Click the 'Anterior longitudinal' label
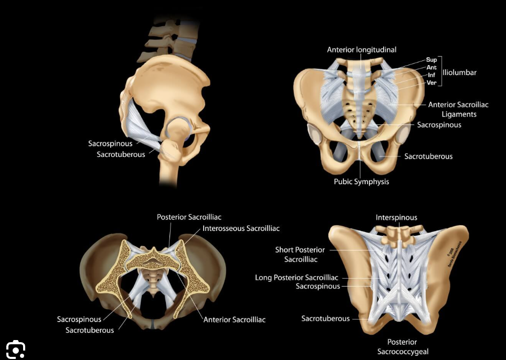coord(362,50)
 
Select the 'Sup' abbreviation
coord(431,60)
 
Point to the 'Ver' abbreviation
coord(431,82)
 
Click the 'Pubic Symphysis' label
coord(362,182)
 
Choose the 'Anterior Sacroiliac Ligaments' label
coord(458,109)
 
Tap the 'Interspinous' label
coord(396,217)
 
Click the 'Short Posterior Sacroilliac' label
coord(300,254)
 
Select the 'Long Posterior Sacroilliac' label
coord(297,278)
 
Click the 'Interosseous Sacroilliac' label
coord(241,228)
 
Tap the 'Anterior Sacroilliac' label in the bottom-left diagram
coord(234,320)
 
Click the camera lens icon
coord(16,349)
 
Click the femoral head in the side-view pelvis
coord(176,130)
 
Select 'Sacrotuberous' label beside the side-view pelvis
coord(121,154)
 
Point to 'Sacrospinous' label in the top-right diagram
coord(439,124)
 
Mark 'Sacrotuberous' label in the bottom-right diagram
coord(325,318)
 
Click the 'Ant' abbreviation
coord(431,67)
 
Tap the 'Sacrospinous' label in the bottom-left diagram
coord(79,319)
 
